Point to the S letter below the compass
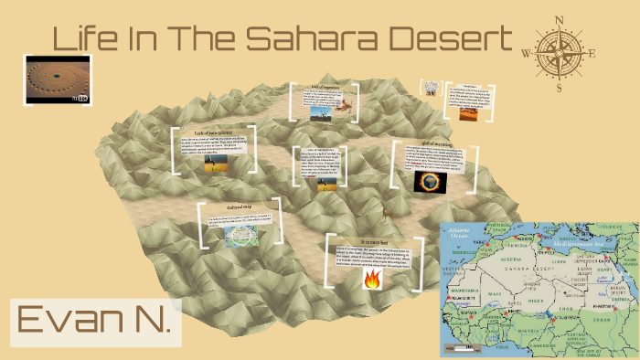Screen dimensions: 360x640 coord(558,89)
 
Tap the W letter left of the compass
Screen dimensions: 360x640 coord(526,52)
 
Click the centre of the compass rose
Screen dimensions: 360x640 coord(558,51)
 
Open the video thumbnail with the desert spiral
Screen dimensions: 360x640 coord(59,79)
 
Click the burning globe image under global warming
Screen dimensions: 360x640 coord(427,180)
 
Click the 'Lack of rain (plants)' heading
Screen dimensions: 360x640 coord(212,133)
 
